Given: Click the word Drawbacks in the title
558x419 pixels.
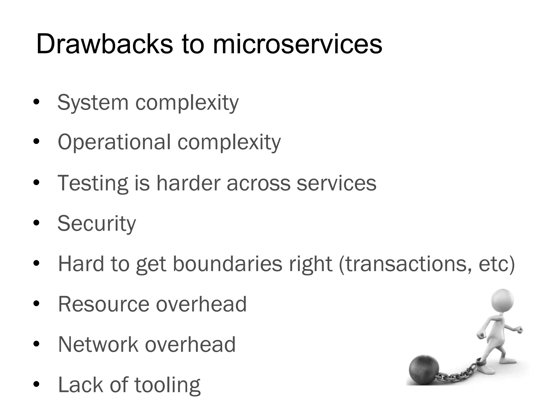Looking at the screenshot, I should pos(104,44).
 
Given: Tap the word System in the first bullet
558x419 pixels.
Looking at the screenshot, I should pos(93,103).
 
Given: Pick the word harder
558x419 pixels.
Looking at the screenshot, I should pos(188,183).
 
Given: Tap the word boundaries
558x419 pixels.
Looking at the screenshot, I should pos(228,264).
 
